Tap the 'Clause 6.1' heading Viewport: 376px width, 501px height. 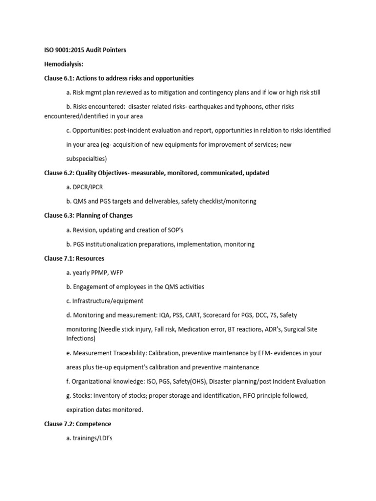(119, 78)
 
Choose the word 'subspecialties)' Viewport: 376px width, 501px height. (87, 159)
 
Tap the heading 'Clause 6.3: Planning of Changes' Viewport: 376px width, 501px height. (89, 216)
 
